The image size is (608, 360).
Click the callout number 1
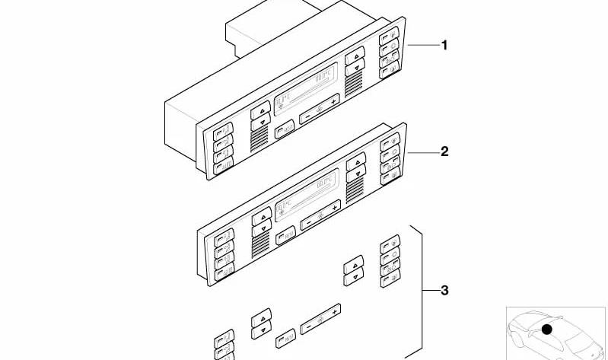444,46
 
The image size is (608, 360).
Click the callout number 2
444,151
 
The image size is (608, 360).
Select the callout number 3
444,290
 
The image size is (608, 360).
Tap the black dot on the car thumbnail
546,330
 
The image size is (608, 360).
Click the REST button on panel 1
285,129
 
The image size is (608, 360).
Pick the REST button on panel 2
286,235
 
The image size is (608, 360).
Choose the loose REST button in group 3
286,338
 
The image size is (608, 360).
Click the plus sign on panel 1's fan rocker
333,102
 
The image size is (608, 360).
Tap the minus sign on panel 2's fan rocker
309,224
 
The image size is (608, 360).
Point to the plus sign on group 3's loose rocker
334,311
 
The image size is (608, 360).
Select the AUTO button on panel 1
224,167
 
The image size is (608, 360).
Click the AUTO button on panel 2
224,272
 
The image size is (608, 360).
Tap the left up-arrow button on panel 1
260,110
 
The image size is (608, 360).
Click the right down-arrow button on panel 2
356,174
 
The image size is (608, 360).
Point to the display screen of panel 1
306,89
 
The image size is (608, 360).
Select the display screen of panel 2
307,195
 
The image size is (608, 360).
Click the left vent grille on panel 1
259,139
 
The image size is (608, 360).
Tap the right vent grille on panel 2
355,191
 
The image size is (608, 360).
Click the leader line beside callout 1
423,46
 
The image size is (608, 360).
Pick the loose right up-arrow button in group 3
354,265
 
